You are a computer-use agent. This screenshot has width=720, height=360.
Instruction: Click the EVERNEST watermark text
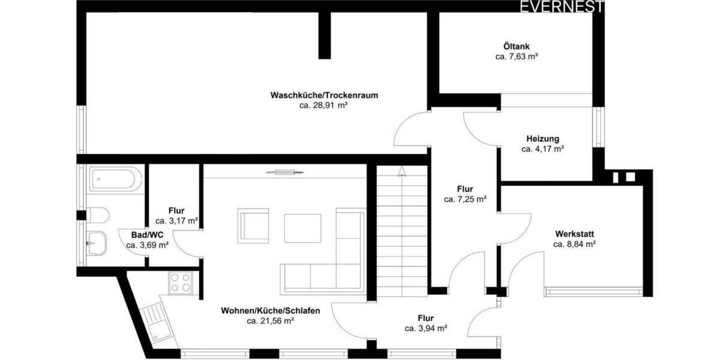pyautogui.click(x=562, y=7)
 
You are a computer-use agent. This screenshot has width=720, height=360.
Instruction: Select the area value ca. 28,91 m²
pyautogui.click(x=324, y=105)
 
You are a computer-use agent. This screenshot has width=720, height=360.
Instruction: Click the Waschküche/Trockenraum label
pyautogui.click(x=324, y=95)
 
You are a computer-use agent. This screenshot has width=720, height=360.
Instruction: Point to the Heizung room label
pyautogui.click(x=542, y=139)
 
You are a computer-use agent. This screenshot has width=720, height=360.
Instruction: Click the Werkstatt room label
pyautogui.click(x=574, y=233)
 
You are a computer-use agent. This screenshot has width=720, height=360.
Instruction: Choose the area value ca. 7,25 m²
pyautogui.click(x=465, y=199)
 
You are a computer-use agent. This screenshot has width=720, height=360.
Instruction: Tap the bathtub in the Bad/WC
pyautogui.click(x=115, y=179)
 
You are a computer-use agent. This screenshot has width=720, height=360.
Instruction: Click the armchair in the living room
pyautogui.click(x=254, y=226)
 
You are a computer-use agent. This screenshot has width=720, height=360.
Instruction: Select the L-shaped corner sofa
pyautogui.click(x=336, y=264)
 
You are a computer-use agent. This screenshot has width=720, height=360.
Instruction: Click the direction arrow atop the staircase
pyautogui.click(x=401, y=172)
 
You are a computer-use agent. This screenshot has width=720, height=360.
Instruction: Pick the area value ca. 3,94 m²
pyautogui.click(x=426, y=328)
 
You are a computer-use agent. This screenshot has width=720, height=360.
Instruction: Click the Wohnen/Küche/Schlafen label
pyautogui.click(x=270, y=311)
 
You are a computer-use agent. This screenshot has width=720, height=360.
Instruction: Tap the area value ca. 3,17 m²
pyautogui.click(x=176, y=221)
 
